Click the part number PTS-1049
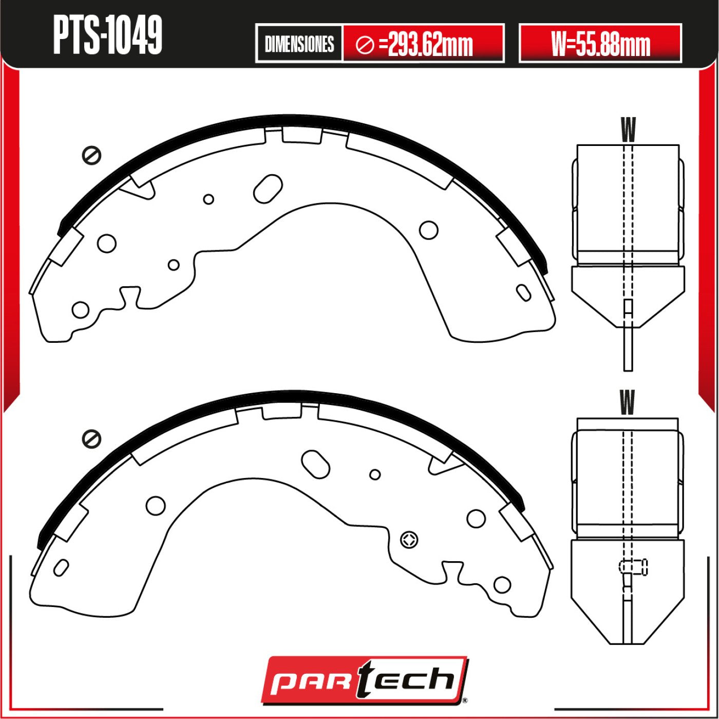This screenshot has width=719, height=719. click(x=107, y=35)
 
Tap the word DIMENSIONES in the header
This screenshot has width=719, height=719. click(x=299, y=44)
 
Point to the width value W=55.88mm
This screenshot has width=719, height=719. click(x=600, y=44)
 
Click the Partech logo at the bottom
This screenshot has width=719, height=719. click(x=364, y=679)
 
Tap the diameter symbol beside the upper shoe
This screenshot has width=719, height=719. click(x=92, y=155)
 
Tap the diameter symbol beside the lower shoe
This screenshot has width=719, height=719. click(x=92, y=438)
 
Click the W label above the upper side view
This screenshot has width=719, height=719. click(x=628, y=130)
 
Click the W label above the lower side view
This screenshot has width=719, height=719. click(x=627, y=402)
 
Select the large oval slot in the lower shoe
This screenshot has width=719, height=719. click(x=315, y=465)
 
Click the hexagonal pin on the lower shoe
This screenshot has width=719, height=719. click(x=409, y=540)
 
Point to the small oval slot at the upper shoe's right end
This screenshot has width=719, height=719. click(x=524, y=292)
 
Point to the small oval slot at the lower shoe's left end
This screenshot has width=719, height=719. click(x=61, y=567)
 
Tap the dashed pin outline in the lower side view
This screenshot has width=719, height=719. click(x=634, y=567)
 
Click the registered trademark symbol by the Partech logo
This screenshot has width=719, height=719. click(x=464, y=699)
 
